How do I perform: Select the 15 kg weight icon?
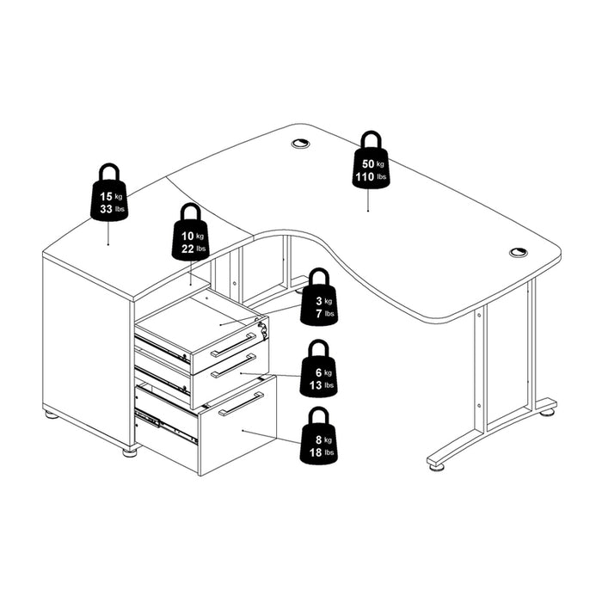coord(109,193)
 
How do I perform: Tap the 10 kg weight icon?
coord(191,232)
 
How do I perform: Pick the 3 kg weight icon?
coord(319,297)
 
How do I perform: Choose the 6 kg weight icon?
coord(319,368)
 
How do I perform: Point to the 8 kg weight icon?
coord(319,436)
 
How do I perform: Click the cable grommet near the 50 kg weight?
coord(300,144)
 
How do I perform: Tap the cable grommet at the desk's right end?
coord(519,252)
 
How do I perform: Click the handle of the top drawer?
coord(233,345)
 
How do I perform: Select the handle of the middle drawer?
coord(233,365)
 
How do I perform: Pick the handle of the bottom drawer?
coord(241,404)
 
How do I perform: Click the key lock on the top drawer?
coord(263,329)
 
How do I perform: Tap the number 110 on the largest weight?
coord(365,177)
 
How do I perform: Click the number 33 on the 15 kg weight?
coord(106,209)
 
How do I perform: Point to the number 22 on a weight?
coord(187,249)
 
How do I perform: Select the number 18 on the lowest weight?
coord(316,452)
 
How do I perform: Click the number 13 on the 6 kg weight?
coord(316,385)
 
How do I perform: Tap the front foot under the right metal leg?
coord(437,467)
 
